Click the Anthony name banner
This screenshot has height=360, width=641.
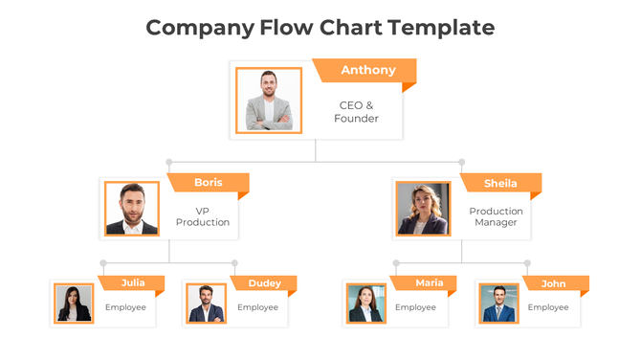367,70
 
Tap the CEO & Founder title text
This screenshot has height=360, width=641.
356,112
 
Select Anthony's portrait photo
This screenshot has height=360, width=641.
269,100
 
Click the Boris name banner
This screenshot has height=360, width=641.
208,182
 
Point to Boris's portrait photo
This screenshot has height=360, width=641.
132,209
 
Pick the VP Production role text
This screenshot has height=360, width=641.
203,216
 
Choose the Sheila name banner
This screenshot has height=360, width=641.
500,183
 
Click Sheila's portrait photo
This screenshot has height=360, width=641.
423,209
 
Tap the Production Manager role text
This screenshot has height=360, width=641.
496,216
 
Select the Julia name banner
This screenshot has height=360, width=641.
133,282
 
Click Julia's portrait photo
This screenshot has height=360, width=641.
74,304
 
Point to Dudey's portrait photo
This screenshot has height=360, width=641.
206,304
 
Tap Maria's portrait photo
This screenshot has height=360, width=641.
365,304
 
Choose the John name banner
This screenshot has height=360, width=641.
553,282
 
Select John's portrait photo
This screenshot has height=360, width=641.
498,304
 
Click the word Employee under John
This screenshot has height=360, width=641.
548,307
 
